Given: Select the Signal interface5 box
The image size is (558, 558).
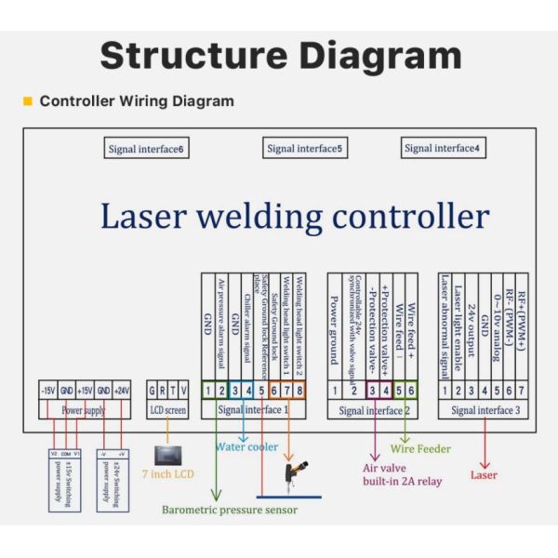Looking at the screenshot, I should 304,149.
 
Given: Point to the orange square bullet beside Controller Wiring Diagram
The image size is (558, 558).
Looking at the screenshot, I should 27,101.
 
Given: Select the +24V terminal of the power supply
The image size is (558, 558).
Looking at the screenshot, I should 122,390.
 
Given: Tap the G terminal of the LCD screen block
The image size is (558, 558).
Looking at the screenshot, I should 154,390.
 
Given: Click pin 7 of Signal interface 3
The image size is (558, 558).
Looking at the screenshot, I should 523,390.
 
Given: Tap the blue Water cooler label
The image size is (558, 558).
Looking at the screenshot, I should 246,447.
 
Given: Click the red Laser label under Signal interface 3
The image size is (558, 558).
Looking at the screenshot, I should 484,474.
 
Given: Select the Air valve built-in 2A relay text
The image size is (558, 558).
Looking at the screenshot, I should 402,475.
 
